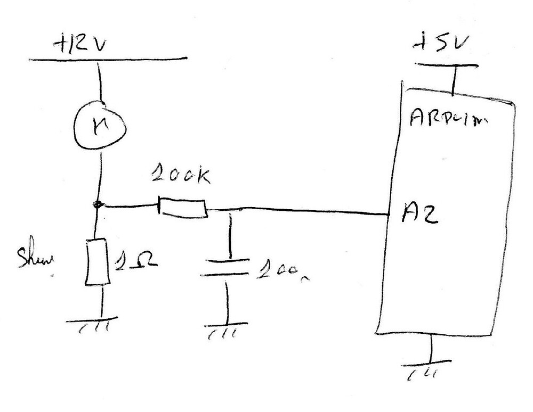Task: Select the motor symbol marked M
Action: [x=99, y=125]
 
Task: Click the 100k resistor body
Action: [x=182, y=208]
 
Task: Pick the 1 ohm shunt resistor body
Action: [x=97, y=261]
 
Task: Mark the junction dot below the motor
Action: [x=96, y=204]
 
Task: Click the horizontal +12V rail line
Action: [x=107, y=58]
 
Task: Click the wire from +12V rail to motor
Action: [x=99, y=80]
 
